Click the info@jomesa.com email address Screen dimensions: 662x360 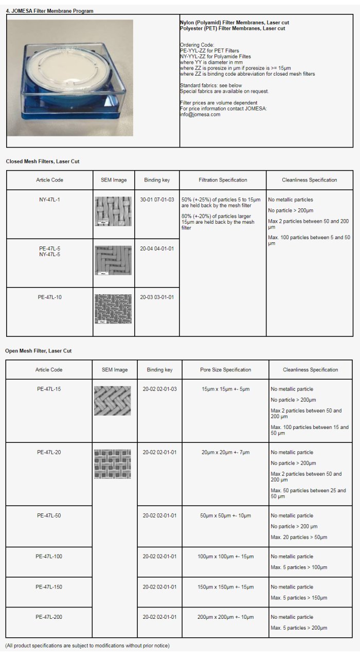point(200,115)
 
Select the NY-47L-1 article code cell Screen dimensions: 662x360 point(49,200)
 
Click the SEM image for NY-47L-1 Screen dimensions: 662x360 point(113,211)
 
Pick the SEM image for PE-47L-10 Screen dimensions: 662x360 point(113,308)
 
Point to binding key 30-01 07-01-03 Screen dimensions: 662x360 point(157,200)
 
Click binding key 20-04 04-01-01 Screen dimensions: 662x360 point(157,248)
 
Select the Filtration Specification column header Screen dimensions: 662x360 point(223,180)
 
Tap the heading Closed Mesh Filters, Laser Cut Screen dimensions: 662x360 point(43,162)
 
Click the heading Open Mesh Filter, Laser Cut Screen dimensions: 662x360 point(39,351)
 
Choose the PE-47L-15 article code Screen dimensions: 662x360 point(49,389)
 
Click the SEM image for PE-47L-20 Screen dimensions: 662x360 point(112,464)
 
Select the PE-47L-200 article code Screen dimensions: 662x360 point(49,617)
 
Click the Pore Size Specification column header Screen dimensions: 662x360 point(226,370)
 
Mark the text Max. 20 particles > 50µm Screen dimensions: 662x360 point(299,537)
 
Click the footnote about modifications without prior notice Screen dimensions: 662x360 point(87,646)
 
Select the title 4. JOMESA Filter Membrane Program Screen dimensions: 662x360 point(49,11)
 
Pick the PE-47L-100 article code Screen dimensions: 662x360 point(49,556)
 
